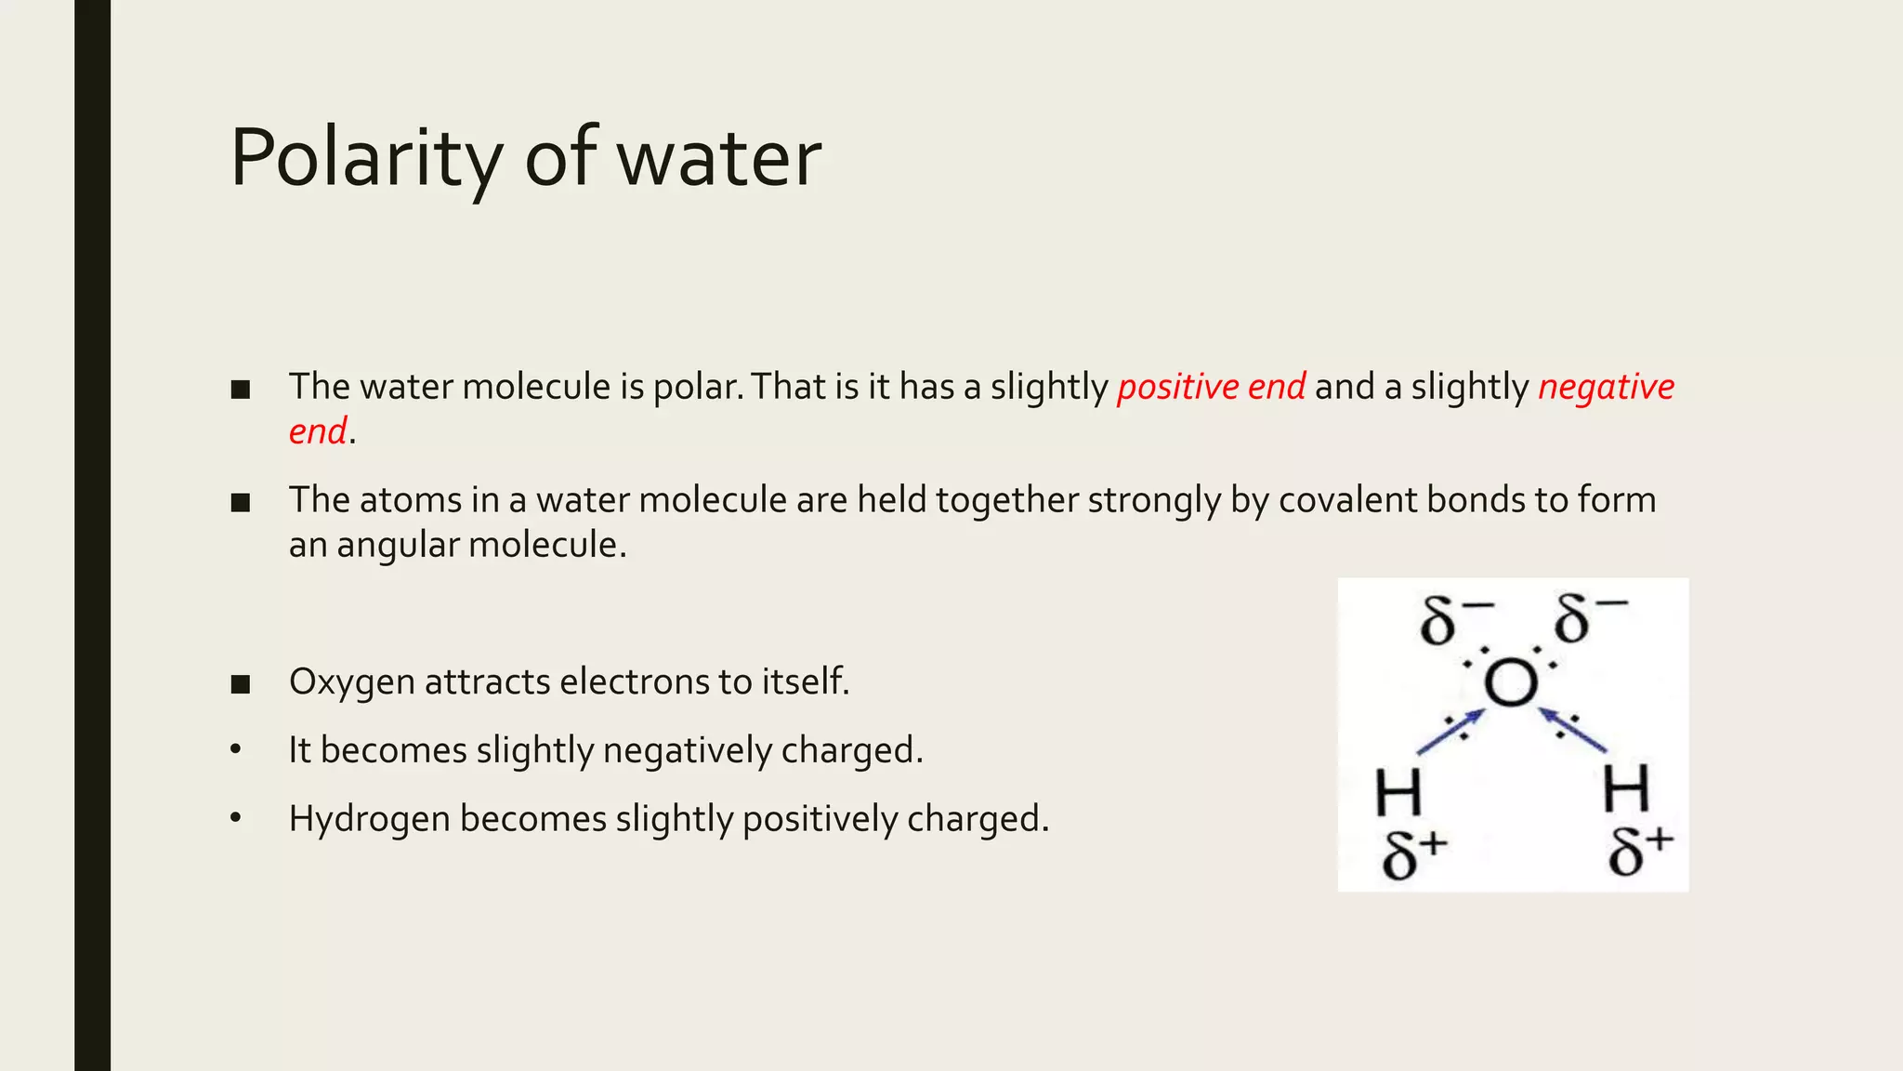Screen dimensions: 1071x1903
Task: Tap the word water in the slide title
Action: pos(719,159)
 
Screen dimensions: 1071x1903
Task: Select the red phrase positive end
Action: pos(1211,387)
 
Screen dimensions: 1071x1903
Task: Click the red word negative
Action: pos(1606,387)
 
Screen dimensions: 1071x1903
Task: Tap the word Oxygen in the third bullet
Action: pos(352,681)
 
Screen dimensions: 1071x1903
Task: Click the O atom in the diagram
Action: pos(1510,683)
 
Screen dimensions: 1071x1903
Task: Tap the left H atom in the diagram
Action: pos(1398,792)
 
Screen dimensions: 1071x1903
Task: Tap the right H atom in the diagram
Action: pos(1626,788)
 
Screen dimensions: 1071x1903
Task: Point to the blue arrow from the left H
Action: pos(1450,732)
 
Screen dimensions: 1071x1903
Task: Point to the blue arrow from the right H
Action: pos(1572,729)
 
